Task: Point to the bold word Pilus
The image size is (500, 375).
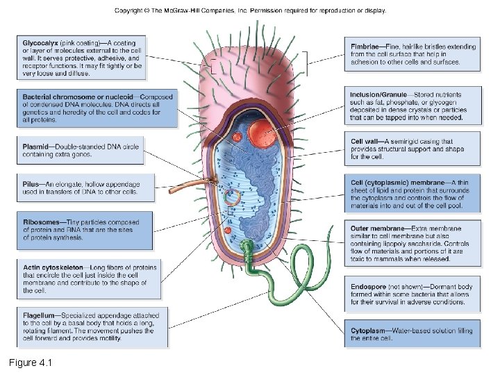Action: [x=31, y=184]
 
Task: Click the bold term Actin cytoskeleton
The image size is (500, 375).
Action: [x=53, y=267]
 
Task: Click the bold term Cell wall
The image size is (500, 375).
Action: [x=367, y=142]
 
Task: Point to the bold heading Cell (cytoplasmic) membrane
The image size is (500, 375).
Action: [x=397, y=183]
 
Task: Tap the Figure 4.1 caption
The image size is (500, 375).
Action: [x=31, y=362]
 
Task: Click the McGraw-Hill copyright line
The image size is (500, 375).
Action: [x=250, y=10]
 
